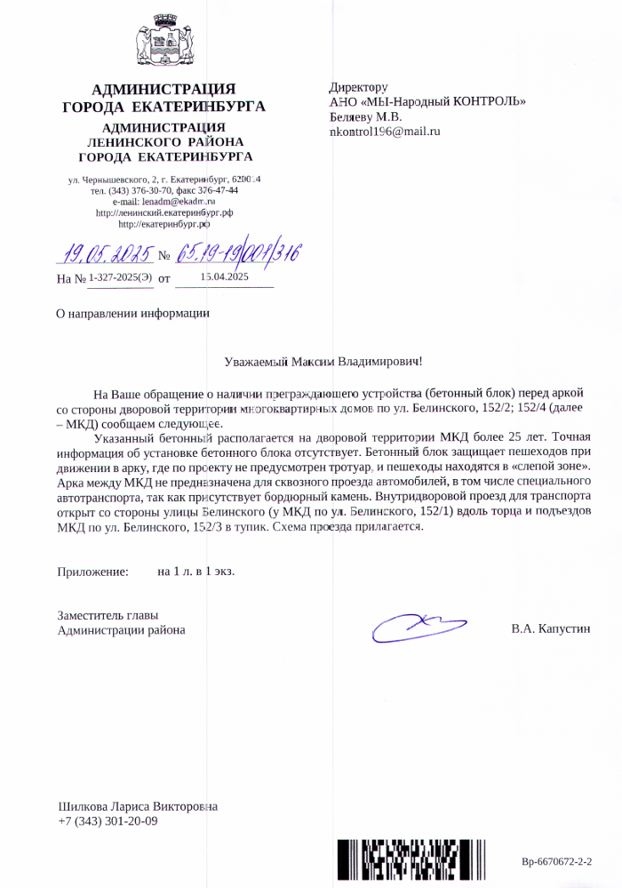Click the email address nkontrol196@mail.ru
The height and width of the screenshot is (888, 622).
[385, 132]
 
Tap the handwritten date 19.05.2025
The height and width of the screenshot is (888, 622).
[106, 255]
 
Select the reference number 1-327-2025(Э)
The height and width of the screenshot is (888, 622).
[120, 278]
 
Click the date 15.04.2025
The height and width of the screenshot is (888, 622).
[224, 277]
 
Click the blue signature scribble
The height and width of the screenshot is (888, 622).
[418, 625]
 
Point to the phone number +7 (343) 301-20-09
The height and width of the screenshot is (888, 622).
[108, 821]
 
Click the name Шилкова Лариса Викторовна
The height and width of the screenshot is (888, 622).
[137, 807]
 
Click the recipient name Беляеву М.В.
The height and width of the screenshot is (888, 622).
[365, 116]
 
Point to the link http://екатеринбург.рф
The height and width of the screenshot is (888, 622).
[163, 227]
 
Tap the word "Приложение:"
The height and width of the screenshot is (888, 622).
[93, 572]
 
